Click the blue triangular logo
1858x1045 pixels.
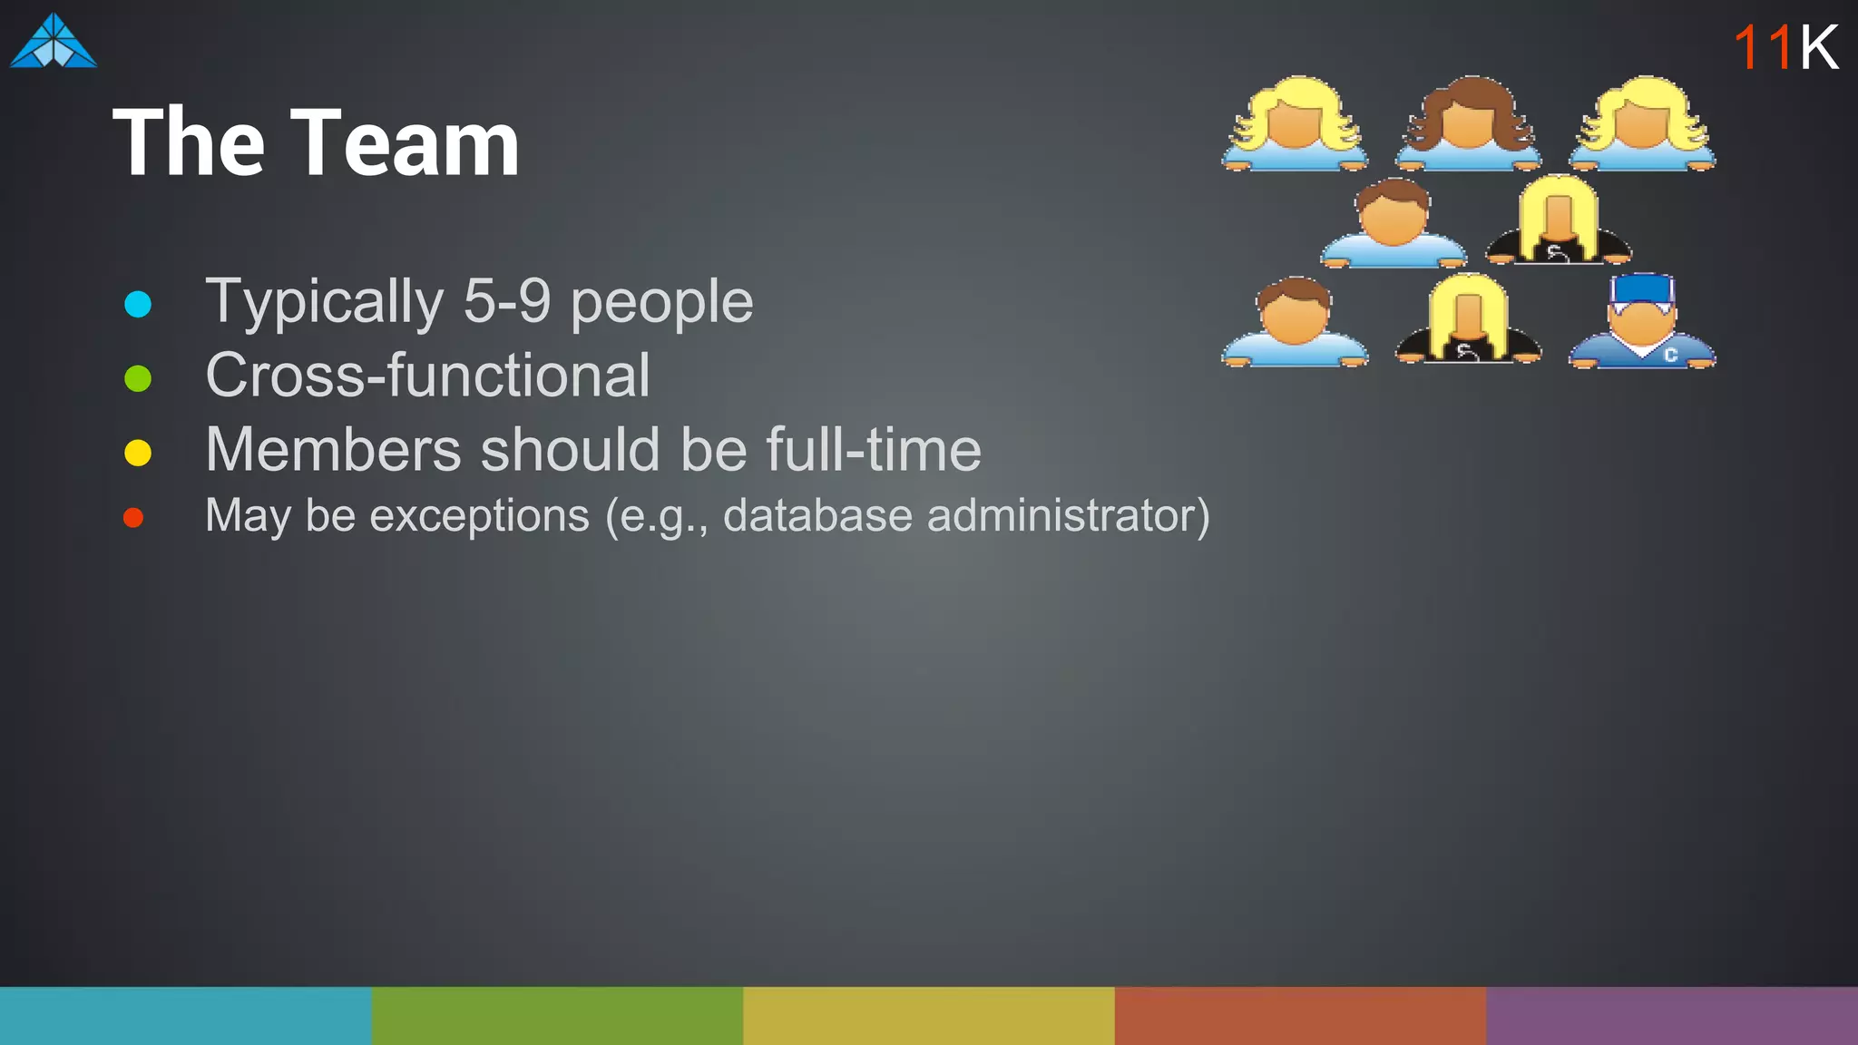click(54, 43)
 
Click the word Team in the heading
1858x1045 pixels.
click(405, 142)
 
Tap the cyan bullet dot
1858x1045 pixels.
click(138, 304)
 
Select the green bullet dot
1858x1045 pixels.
click(138, 378)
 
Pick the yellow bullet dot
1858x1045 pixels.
click(138, 452)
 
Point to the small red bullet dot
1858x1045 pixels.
click(133, 518)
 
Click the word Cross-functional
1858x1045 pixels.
click(427, 376)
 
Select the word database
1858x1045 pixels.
click(817, 515)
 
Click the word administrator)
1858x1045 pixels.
click(1068, 515)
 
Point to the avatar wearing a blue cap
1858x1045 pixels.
click(1641, 322)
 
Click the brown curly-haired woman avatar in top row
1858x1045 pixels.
click(1468, 124)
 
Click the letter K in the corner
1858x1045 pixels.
click(1818, 47)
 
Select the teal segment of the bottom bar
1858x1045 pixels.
click(185, 1015)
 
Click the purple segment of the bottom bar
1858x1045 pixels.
click(1672, 1015)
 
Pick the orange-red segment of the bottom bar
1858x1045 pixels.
click(1300, 1015)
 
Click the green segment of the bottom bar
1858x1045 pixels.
click(557, 1015)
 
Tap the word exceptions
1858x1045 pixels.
click(479, 515)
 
